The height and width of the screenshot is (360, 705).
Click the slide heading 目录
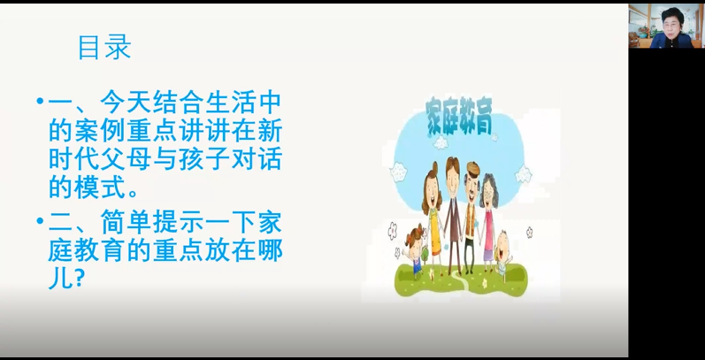(104, 47)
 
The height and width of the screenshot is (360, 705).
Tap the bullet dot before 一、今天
(40, 101)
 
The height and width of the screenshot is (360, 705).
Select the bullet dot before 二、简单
(40, 220)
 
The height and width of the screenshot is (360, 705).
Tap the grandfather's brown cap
(472, 169)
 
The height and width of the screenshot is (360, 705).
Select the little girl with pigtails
(415, 249)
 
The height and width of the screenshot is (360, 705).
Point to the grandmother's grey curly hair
(489, 189)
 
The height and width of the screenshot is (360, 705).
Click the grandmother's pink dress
(488, 234)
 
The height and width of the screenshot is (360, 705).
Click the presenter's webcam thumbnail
(665, 26)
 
